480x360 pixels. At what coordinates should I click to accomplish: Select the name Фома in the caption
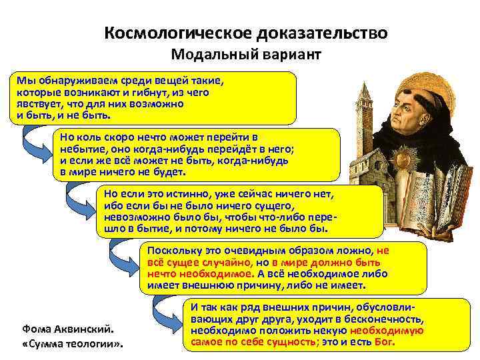(35, 329)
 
